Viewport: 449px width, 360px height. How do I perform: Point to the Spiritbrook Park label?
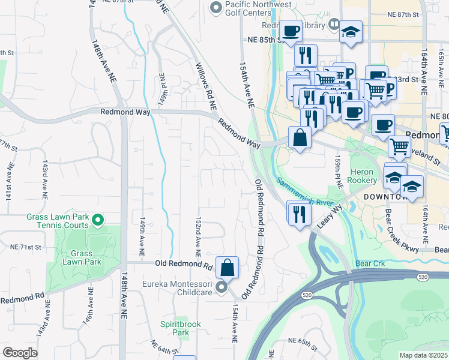pos(180,328)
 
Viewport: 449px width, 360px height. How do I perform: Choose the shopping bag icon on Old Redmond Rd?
pos(228,267)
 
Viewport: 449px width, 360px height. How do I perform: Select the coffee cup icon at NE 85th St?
pos(291,31)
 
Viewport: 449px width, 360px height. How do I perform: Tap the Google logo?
pos(20,353)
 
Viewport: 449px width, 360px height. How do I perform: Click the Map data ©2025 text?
pos(423,355)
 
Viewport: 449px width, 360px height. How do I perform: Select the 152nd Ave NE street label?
pos(197,234)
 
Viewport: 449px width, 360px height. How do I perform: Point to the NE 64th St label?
pos(163,347)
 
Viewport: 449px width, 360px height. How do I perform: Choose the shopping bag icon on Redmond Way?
pos(300,137)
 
